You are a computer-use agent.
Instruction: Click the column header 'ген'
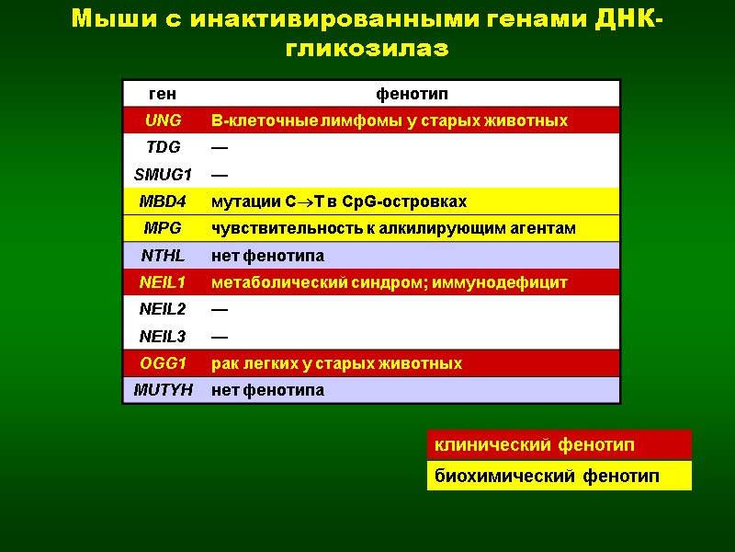pyautogui.click(x=162, y=94)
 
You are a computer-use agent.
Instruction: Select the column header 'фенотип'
pyautogui.click(x=412, y=94)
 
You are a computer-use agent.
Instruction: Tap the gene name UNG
pyautogui.click(x=163, y=121)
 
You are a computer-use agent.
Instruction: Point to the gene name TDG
pyautogui.click(x=163, y=147)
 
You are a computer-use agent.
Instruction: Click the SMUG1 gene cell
pyautogui.click(x=163, y=174)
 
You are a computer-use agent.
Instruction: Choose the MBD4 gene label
pyautogui.click(x=163, y=201)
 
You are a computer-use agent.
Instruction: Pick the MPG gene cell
pyautogui.click(x=163, y=228)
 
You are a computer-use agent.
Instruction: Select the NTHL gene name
pyautogui.click(x=163, y=255)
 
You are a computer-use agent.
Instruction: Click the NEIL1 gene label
pyautogui.click(x=163, y=282)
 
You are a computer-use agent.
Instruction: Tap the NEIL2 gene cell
pyautogui.click(x=163, y=309)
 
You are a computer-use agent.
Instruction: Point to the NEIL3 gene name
pyautogui.click(x=163, y=337)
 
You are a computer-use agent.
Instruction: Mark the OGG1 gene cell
pyautogui.click(x=163, y=363)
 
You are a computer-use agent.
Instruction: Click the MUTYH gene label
pyautogui.click(x=163, y=390)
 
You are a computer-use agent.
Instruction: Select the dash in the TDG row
pyautogui.click(x=220, y=147)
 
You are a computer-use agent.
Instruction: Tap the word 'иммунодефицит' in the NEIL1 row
pyautogui.click(x=512, y=282)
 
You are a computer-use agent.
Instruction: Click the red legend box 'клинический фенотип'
pyautogui.click(x=559, y=445)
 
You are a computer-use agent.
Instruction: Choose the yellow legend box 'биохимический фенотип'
pyautogui.click(x=559, y=476)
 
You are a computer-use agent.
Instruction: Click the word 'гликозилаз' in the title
pyautogui.click(x=367, y=48)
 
